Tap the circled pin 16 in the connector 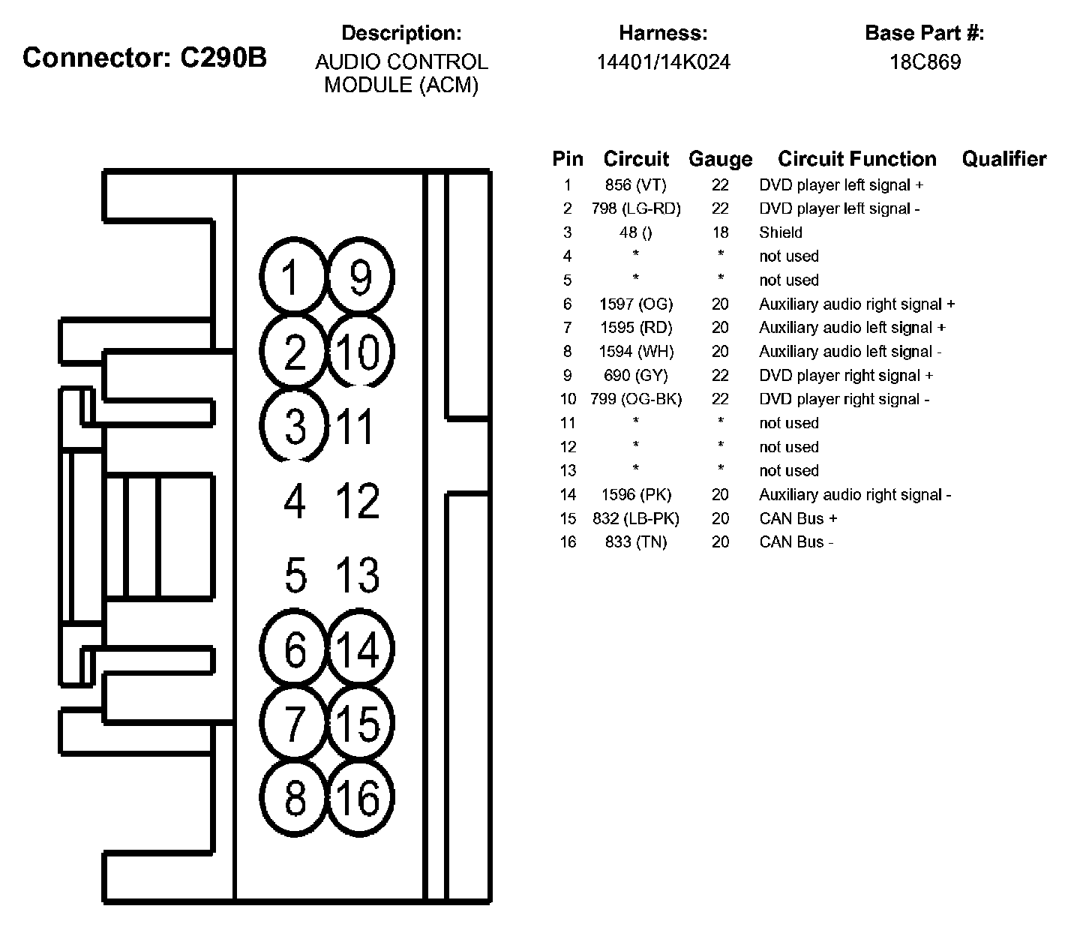(x=361, y=797)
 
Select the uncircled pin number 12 (x=358, y=500)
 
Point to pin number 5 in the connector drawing (x=295, y=575)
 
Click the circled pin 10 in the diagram (x=361, y=352)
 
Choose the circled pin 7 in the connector (x=294, y=723)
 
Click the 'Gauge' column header (x=720, y=159)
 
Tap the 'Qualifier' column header (x=1003, y=159)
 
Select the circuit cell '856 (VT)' (x=635, y=184)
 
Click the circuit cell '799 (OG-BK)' (x=635, y=399)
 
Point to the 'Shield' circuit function (x=781, y=232)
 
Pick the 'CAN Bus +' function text (x=798, y=518)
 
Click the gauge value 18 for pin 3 (x=720, y=232)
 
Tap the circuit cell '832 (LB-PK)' (x=635, y=518)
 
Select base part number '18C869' (x=925, y=61)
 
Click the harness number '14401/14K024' (x=663, y=61)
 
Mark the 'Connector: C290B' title (x=145, y=58)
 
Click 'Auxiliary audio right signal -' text (x=855, y=494)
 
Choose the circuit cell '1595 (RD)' (x=635, y=328)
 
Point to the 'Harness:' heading (x=663, y=33)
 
